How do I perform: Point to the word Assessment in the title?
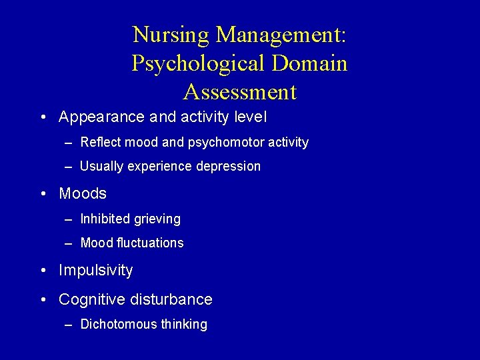239,91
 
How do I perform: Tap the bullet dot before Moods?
43,194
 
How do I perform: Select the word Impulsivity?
95,271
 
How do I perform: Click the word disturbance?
171,300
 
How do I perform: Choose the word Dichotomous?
118,325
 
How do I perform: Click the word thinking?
183,325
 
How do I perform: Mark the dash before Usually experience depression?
70,167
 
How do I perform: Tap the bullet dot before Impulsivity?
43,271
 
